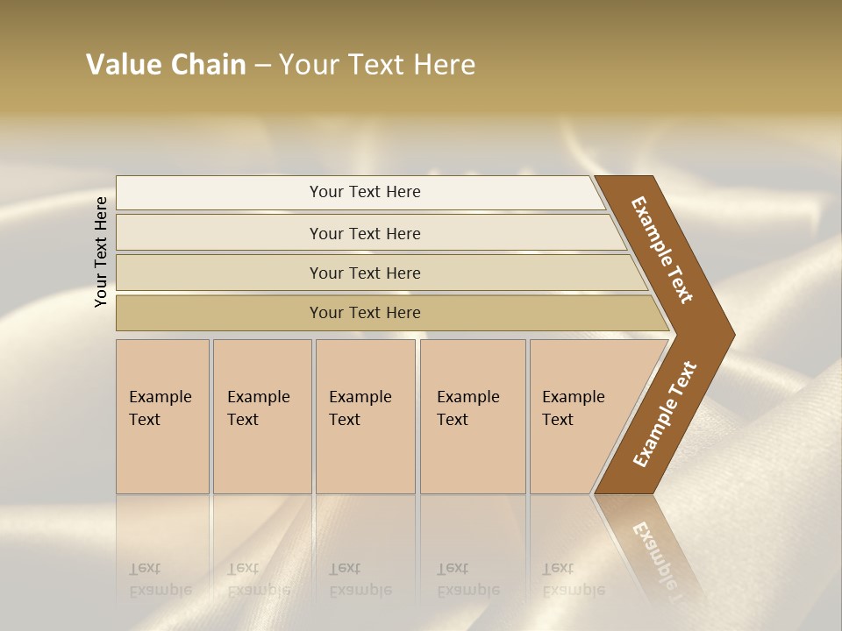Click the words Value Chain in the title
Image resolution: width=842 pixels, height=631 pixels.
[166, 65]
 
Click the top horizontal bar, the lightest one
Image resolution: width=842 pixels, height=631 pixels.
[219, 193]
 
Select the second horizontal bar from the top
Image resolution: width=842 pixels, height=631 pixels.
[219, 233]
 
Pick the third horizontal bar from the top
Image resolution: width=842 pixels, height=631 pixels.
[219, 273]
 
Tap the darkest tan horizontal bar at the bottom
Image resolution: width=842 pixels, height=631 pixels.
[219, 313]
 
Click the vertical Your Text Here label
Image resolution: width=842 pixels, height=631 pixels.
[101, 252]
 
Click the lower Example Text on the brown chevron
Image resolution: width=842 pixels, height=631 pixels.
[665, 414]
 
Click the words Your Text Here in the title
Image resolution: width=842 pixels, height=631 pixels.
[377, 65]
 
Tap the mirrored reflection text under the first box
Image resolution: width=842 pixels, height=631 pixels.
[161, 579]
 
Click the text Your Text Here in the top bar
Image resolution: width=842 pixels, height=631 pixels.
[365, 192]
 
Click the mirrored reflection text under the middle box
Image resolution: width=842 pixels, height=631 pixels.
[360, 579]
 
